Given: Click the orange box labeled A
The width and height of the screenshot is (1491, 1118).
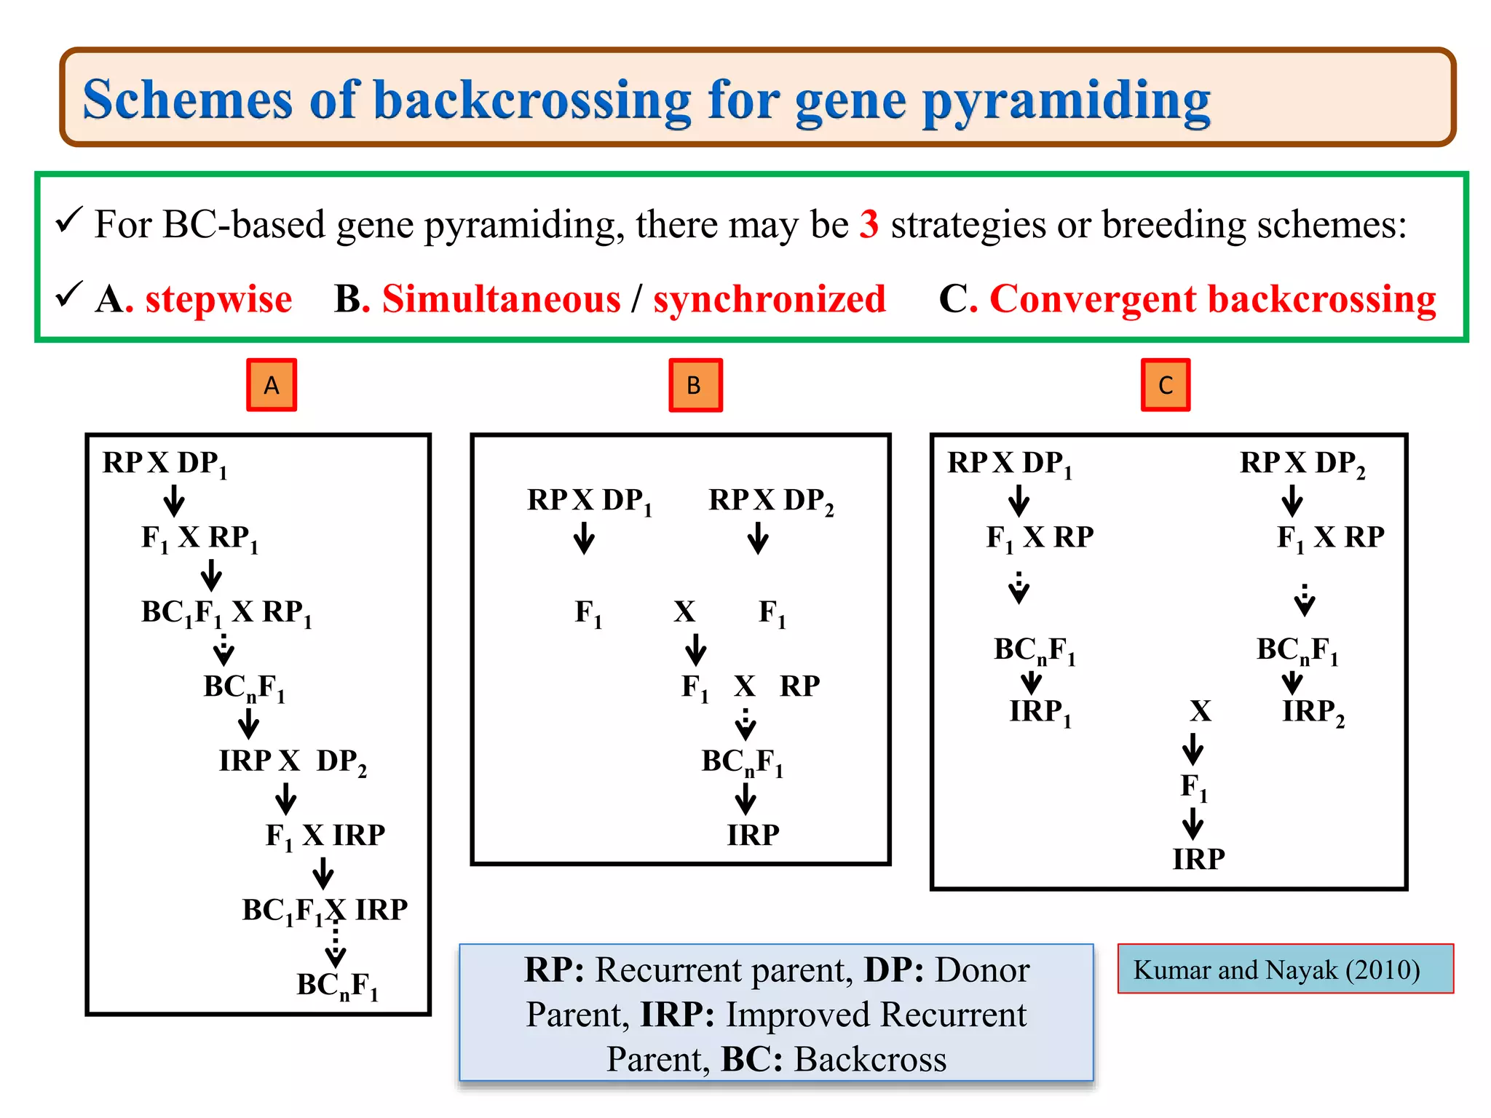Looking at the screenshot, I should (272, 385).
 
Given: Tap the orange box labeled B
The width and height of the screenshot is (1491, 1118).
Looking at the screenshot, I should (695, 385).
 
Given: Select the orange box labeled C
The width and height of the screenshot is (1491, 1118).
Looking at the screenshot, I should (1166, 385).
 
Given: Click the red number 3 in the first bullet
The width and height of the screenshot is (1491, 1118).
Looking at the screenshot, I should (869, 224).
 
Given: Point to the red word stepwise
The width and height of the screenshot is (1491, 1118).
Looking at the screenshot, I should (218, 299).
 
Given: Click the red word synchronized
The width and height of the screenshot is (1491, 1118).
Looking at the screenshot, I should (770, 299).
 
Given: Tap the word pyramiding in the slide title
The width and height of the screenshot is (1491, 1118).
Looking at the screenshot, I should (1066, 102).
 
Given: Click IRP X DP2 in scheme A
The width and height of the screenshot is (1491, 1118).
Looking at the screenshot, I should (292, 761).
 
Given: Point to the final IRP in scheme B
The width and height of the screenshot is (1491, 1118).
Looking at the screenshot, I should (753, 835).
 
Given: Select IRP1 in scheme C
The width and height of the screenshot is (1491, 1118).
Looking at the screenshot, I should (1040, 713).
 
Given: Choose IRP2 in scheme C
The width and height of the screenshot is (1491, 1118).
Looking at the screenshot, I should (1313, 713).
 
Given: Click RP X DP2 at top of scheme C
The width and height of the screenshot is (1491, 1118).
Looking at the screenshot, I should (1302, 464).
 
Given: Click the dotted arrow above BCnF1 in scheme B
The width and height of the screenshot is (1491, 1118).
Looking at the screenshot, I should (745, 724).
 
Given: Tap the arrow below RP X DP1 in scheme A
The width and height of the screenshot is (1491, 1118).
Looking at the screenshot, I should (173, 501).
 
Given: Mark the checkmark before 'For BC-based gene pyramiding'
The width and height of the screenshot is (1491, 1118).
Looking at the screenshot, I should (70, 221).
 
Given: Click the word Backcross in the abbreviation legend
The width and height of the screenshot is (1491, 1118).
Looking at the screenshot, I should (870, 1059).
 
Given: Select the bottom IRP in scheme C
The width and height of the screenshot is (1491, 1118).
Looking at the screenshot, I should (1198, 860).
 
